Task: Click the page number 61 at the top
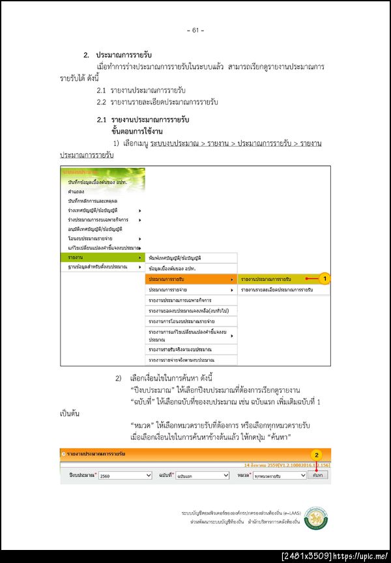click(x=195, y=30)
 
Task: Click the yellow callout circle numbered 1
click(x=325, y=278)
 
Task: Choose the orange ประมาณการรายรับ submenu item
click(x=189, y=278)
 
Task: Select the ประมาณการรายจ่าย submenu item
click(x=189, y=289)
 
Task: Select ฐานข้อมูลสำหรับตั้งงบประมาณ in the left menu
click(x=98, y=267)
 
